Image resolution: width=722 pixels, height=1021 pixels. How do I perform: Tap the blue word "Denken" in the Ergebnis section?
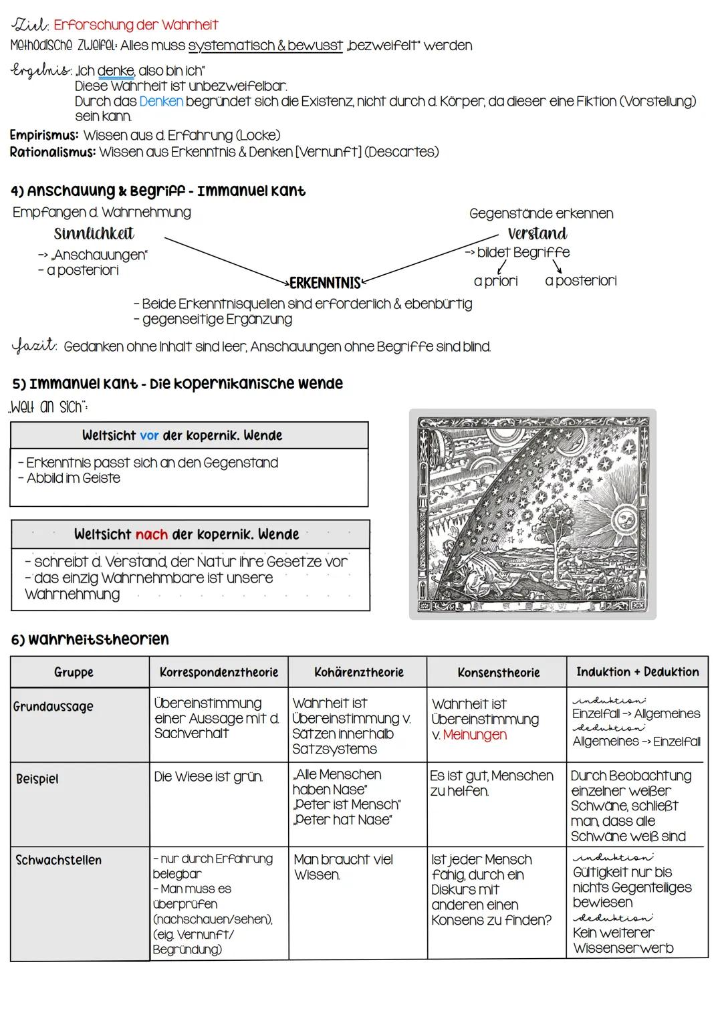(x=161, y=102)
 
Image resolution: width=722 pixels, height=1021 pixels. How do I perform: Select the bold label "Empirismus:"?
(x=43, y=135)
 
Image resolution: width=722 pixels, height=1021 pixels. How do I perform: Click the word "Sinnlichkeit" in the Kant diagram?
(x=94, y=233)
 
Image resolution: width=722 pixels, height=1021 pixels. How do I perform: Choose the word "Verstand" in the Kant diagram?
(x=537, y=233)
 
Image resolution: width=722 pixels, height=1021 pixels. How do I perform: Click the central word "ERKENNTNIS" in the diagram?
(x=325, y=283)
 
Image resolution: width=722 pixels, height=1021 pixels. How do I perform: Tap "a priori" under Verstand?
(x=495, y=281)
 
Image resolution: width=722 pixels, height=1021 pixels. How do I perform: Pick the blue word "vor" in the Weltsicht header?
(x=149, y=435)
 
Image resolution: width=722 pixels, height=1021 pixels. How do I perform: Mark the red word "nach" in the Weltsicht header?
(x=152, y=534)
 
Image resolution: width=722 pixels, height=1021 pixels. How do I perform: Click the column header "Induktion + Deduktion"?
(x=637, y=672)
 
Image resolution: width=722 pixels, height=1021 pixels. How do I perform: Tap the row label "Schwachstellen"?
(x=59, y=860)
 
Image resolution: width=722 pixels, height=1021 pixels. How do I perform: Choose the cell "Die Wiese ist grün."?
(x=208, y=776)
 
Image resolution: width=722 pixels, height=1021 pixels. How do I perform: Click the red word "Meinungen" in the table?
(x=475, y=735)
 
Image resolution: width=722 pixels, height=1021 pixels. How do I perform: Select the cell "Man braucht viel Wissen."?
(x=343, y=867)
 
